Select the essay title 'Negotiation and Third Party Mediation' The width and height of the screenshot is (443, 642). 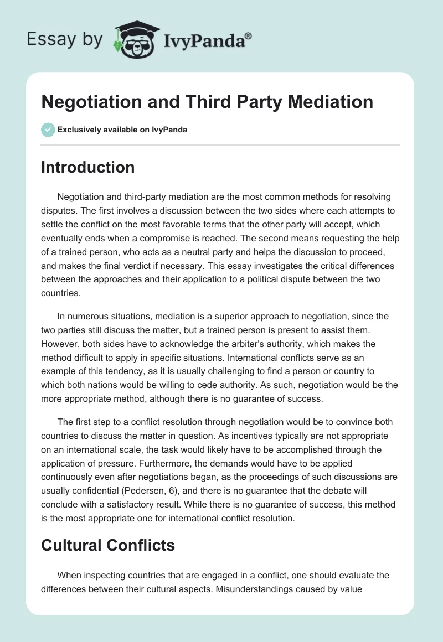click(x=207, y=102)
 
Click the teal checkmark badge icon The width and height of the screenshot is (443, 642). click(x=47, y=130)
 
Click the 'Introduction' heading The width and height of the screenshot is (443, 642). click(x=87, y=167)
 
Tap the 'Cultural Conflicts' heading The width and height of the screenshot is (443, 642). click(x=108, y=545)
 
